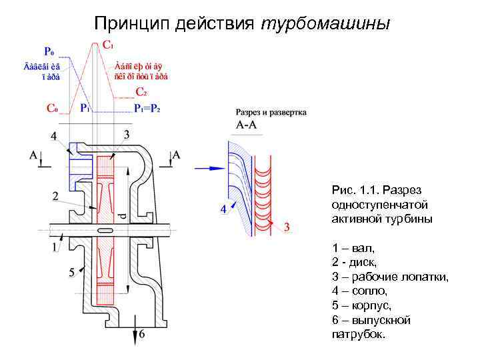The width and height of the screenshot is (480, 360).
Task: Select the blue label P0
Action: point(49,51)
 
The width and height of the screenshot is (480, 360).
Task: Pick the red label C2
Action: point(141,91)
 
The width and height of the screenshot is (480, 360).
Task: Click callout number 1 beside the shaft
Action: point(55,247)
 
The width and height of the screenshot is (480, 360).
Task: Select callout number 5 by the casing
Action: point(71,273)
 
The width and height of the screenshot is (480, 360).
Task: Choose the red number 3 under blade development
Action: point(287,227)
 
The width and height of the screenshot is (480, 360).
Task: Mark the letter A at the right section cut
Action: point(176,155)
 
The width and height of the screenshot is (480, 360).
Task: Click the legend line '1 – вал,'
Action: point(353,247)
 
